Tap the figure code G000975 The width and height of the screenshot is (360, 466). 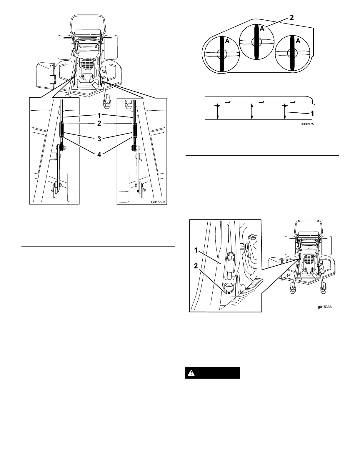tap(307, 124)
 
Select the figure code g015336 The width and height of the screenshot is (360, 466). tap(326, 307)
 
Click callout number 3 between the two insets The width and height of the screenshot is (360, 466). tap(99, 139)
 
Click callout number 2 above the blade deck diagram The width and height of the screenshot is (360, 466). tap(291, 17)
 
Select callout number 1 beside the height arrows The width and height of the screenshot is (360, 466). tap(313, 113)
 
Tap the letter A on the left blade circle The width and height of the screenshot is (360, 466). tap(227, 41)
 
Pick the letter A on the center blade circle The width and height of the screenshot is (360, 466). tap(262, 29)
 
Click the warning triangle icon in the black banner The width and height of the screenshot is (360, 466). tap(191, 373)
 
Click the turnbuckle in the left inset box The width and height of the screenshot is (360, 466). tap(62, 130)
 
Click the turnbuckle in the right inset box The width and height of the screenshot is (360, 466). tap(134, 130)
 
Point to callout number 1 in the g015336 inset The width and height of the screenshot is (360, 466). tap(196, 250)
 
